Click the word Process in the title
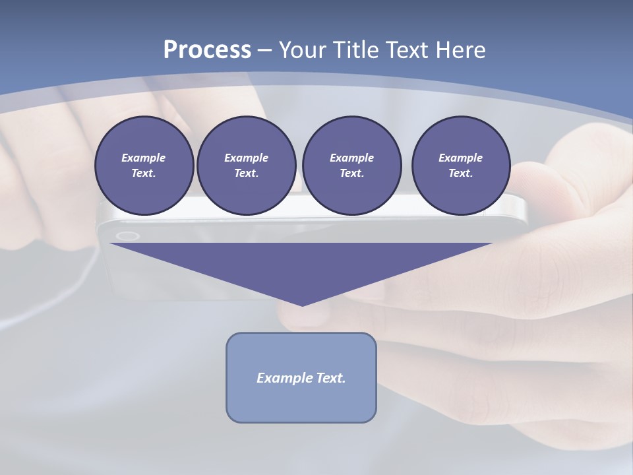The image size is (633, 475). (207, 50)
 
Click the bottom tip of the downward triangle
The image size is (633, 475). (302, 304)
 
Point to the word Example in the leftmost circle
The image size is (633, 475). (144, 158)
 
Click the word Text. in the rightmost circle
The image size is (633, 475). (461, 174)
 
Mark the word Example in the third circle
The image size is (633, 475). (351, 158)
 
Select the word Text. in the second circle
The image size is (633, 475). (247, 174)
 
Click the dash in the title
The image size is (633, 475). (265, 50)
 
